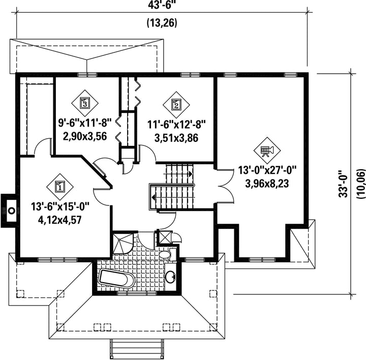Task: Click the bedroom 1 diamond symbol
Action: click(x=60, y=187)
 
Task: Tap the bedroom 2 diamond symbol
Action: click(x=176, y=105)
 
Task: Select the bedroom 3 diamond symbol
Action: click(x=85, y=103)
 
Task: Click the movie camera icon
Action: click(x=267, y=151)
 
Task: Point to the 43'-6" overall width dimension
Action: click(x=162, y=5)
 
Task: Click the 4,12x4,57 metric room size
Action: click(x=59, y=220)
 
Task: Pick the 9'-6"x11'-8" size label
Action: click(x=85, y=123)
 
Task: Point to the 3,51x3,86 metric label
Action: click(x=176, y=138)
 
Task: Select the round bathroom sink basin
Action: click(x=171, y=276)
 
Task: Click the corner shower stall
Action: click(x=123, y=243)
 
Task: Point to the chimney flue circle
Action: click(x=11, y=211)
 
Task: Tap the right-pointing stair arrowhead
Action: click(x=191, y=174)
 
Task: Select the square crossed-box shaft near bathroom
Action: click(x=165, y=237)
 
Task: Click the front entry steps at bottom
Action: click(x=136, y=349)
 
